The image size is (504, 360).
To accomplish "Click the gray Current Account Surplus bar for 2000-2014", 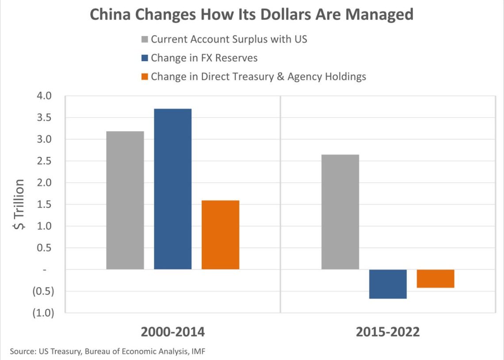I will tap(125, 200).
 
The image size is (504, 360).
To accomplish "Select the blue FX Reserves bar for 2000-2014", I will tap(173, 189).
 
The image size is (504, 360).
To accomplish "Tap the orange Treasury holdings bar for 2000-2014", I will tap(220, 235).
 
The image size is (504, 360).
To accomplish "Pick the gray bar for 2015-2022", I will tap(340, 212).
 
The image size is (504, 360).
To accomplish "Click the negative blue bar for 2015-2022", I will tap(388, 284).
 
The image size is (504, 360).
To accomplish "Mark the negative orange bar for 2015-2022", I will tap(435, 279).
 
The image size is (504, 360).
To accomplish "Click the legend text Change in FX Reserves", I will tap(204, 58).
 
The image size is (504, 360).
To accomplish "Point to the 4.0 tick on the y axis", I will tap(45, 96).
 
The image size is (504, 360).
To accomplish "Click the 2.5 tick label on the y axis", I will tap(45, 161).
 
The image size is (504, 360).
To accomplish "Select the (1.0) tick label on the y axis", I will tap(42, 313).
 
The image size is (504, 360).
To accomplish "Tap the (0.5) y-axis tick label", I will tap(42, 291).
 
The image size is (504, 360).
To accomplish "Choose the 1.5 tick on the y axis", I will tap(45, 205).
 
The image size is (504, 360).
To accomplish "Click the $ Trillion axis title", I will tap(19, 205).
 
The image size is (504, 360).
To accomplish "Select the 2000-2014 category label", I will tap(173, 332).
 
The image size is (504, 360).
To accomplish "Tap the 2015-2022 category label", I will tap(388, 332).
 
